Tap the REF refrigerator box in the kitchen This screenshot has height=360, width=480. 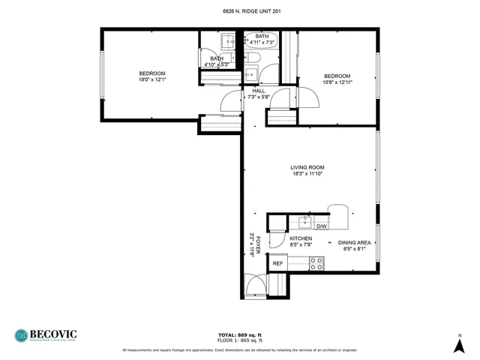point(277,263)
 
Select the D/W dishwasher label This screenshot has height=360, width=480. point(320,226)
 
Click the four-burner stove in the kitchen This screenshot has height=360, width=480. point(316,263)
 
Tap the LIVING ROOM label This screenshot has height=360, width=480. point(307,167)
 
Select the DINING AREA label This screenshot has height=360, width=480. point(354,242)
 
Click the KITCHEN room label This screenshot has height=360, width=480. point(301,238)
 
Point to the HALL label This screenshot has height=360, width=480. point(259,91)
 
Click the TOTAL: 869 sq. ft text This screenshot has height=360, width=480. point(239,334)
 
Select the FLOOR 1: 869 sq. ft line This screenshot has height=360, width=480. point(239,340)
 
